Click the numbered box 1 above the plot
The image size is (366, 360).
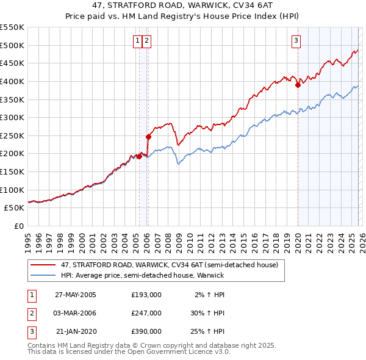click(x=138, y=41)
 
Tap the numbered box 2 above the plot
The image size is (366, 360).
click(x=148, y=41)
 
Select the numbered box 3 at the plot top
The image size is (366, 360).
click(x=296, y=41)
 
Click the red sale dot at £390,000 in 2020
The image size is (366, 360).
click(x=298, y=85)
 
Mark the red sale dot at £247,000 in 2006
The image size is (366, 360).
click(x=148, y=137)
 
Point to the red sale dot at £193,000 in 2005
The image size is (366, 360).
click(x=140, y=156)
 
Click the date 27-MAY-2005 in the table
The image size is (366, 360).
click(x=76, y=295)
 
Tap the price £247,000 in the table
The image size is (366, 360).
click(x=146, y=313)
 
